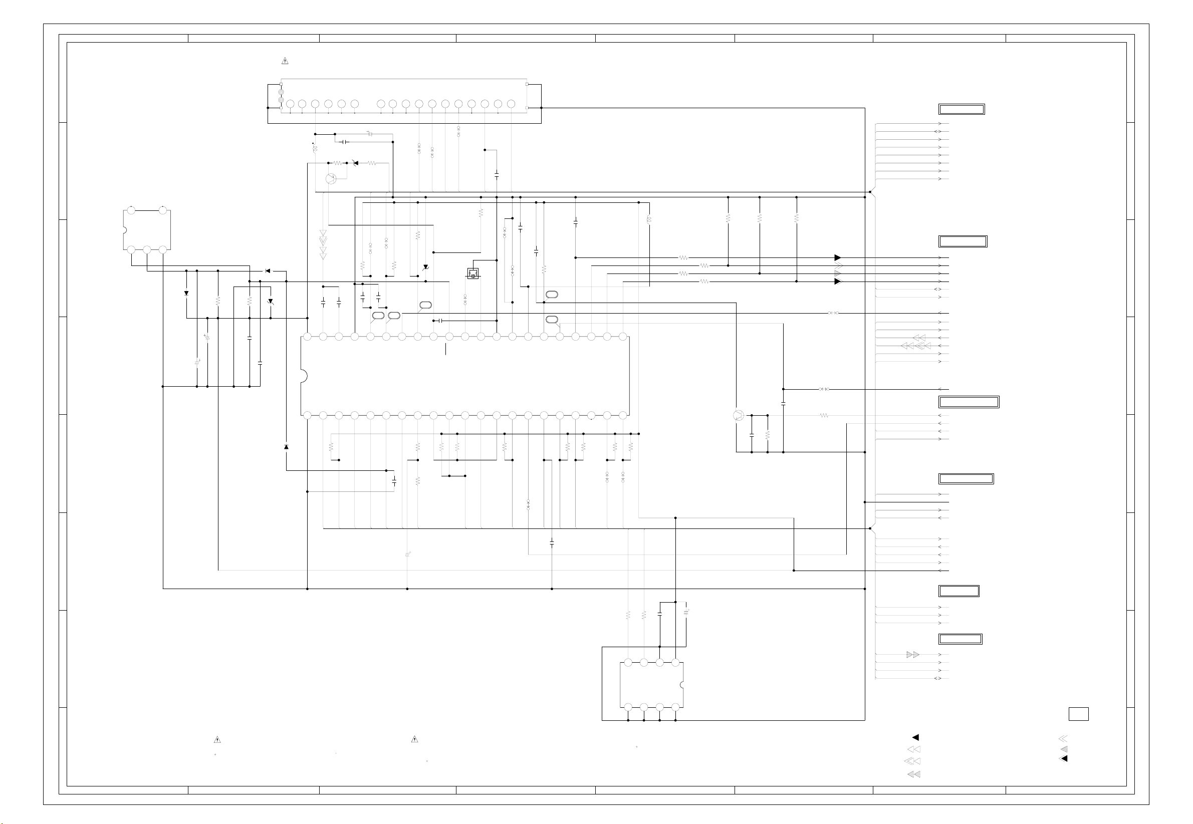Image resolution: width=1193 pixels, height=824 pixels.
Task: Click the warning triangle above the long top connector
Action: (x=285, y=61)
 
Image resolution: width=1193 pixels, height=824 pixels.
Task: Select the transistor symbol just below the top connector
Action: (x=331, y=179)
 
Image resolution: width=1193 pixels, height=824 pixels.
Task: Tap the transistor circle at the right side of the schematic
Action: (x=739, y=415)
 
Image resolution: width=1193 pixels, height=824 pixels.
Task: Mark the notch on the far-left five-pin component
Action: (x=124, y=230)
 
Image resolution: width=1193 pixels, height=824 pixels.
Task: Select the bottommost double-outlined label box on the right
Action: (x=960, y=639)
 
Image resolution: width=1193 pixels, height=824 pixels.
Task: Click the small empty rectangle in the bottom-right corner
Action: (x=1078, y=714)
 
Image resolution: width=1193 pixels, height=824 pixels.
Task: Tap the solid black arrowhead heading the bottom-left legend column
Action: (x=915, y=737)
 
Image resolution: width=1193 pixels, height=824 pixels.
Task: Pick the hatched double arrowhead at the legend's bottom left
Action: (x=913, y=774)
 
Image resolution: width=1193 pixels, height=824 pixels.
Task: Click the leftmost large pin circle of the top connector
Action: (x=290, y=104)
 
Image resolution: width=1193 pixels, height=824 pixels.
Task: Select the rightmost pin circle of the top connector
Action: (x=511, y=104)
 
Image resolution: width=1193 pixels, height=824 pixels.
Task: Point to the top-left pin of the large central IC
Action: (x=307, y=337)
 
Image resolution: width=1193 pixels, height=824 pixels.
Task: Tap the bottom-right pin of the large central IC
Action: (x=623, y=415)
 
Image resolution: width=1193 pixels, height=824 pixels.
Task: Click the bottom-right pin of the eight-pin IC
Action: (x=675, y=707)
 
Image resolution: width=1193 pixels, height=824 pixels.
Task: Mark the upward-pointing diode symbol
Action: (x=286, y=447)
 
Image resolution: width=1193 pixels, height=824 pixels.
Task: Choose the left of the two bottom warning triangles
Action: (x=217, y=740)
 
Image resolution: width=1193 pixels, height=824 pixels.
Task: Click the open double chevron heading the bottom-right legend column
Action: (x=1063, y=739)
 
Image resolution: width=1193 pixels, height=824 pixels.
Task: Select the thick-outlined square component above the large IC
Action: (x=472, y=273)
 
